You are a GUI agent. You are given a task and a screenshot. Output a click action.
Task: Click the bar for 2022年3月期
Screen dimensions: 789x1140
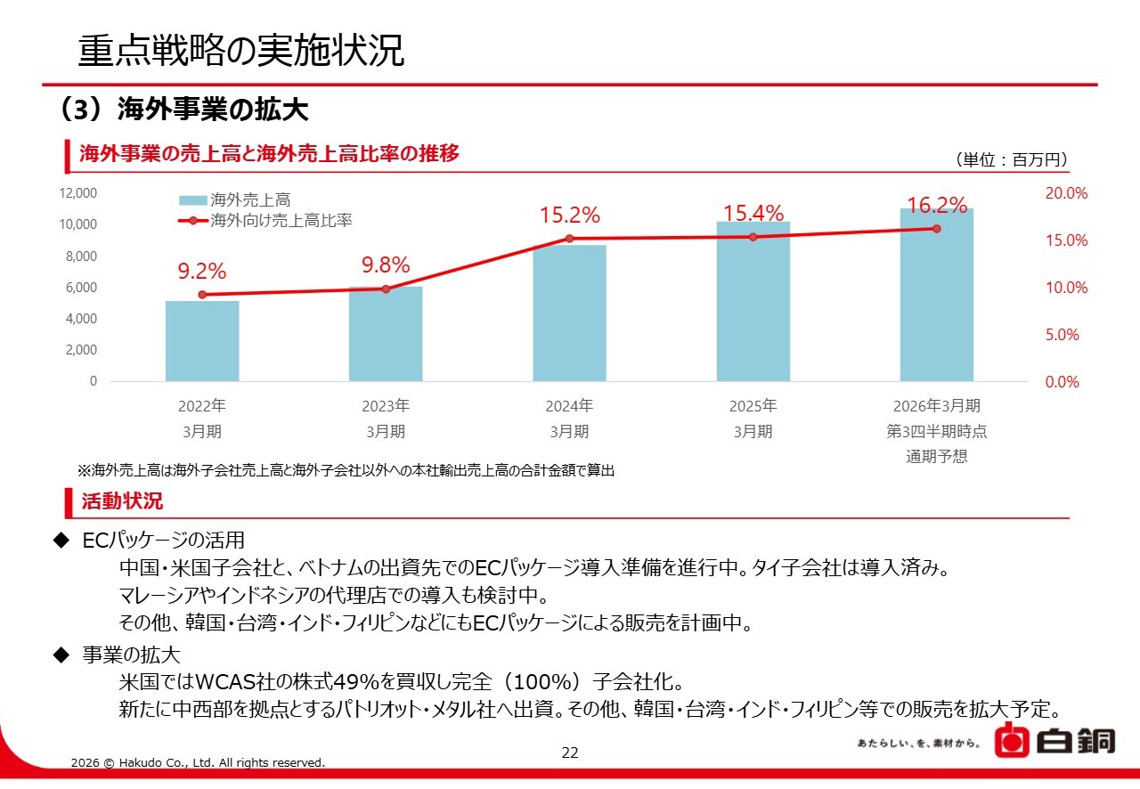[x=202, y=341]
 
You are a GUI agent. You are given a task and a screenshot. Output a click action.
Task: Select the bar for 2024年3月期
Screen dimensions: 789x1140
[x=569, y=313]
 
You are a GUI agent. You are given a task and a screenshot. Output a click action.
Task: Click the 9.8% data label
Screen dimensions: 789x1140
[x=386, y=265]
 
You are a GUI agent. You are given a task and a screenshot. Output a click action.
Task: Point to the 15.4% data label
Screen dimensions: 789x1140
[x=753, y=214]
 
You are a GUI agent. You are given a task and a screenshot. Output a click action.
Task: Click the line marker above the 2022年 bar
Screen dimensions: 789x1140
[x=202, y=295]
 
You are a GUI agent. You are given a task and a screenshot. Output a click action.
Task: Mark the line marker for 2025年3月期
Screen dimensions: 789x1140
[x=753, y=237]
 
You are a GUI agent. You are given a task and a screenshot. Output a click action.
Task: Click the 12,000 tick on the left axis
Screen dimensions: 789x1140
[x=78, y=193]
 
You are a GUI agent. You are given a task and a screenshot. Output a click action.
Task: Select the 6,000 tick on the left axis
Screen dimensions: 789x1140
[x=81, y=288]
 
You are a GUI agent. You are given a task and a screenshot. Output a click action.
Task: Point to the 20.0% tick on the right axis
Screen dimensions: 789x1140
[x=1065, y=194]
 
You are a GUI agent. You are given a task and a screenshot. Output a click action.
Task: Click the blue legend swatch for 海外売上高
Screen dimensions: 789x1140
[x=193, y=200]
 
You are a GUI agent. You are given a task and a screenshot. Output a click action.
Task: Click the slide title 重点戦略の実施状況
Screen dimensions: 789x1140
[x=241, y=51]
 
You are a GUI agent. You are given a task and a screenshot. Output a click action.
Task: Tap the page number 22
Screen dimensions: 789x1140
[x=570, y=752]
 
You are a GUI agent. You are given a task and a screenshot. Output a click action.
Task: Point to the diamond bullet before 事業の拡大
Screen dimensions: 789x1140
[x=61, y=655]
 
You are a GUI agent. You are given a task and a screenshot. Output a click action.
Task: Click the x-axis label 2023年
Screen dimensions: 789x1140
[x=386, y=407]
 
